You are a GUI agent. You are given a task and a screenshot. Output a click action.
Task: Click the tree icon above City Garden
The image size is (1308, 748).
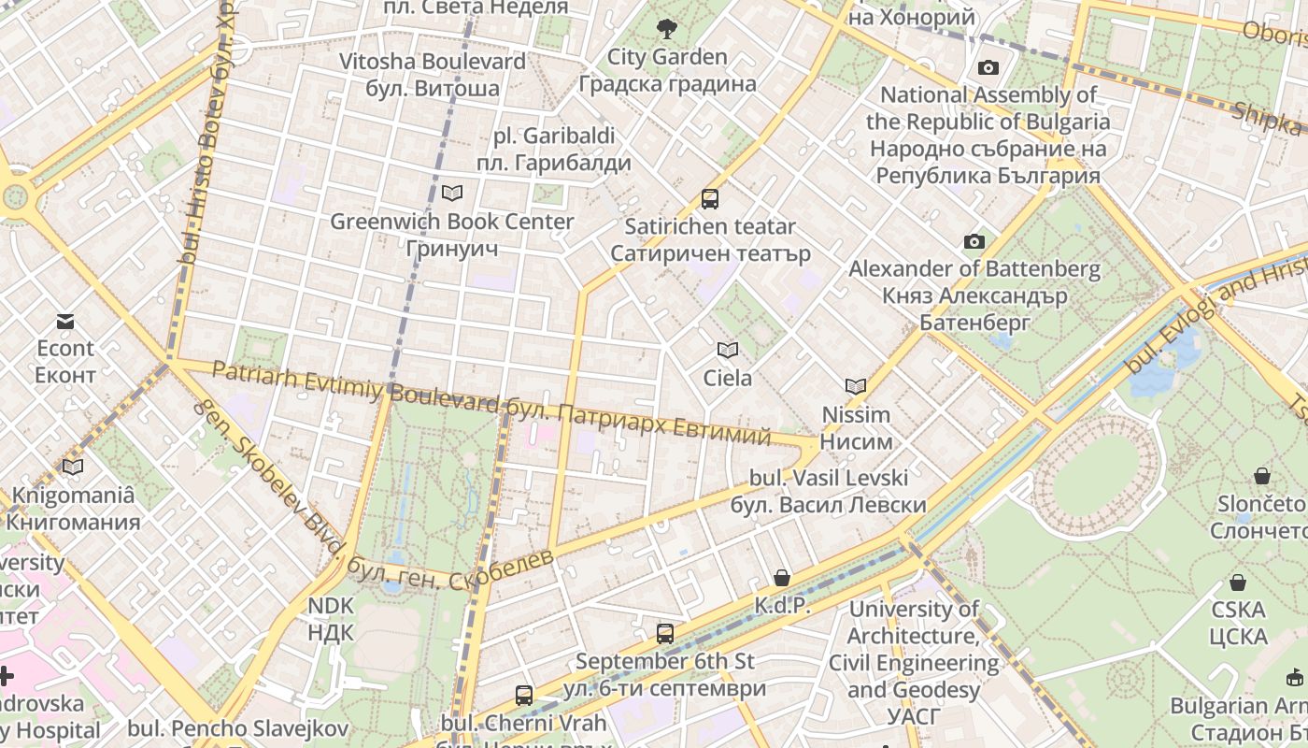pyautogui.click(x=666, y=29)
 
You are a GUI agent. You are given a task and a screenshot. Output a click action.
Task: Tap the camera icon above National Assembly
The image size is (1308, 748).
pyautogui.click(x=988, y=67)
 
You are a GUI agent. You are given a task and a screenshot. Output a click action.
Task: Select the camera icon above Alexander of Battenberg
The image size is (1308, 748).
pyautogui.click(x=974, y=241)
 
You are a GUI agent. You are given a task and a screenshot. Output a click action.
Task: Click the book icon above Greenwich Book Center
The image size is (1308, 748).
pyautogui.click(x=452, y=193)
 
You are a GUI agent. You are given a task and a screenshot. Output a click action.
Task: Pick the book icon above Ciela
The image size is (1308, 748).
pyautogui.click(x=727, y=350)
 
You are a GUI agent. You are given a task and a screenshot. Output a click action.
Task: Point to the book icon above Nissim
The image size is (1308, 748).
pyautogui.click(x=855, y=386)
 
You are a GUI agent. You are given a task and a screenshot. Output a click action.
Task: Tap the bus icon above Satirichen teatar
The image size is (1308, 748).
pyautogui.click(x=710, y=198)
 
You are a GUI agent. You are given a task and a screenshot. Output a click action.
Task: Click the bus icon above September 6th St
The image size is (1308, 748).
pyautogui.click(x=665, y=633)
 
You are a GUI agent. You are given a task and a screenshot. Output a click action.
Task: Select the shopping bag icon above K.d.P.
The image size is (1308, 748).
pyautogui.click(x=781, y=578)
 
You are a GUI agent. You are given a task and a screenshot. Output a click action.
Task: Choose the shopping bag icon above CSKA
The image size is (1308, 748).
pyautogui.click(x=1238, y=583)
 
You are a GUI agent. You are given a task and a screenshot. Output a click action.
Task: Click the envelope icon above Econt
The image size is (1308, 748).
pyautogui.click(x=65, y=321)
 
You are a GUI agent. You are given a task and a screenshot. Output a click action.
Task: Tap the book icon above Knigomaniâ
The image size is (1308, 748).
pyautogui.click(x=73, y=467)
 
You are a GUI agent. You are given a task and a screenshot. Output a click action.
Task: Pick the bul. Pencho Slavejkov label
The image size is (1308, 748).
pyautogui.click(x=238, y=728)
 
